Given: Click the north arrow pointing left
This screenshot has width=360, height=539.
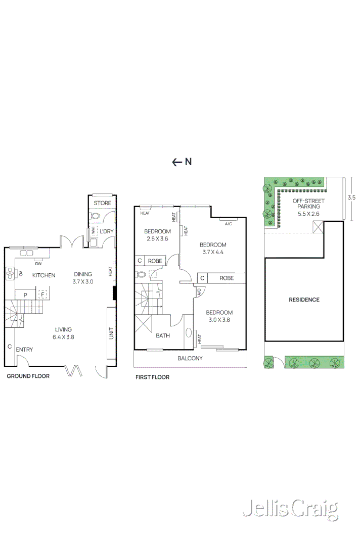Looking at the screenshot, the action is [x=176, y=162].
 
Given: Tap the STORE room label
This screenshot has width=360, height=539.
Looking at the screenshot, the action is [x=103, y=203].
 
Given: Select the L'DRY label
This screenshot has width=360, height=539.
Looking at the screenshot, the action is [x=107, y=231].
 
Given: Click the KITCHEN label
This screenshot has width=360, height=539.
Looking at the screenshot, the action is [x=43, y=275].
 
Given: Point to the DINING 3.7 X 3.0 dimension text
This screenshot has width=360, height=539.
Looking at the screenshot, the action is [x=83, y=281].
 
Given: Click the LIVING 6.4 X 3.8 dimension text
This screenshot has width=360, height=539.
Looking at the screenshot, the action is [x=63, y=337].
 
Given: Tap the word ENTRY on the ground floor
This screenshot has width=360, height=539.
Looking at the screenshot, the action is [x=24, y=350].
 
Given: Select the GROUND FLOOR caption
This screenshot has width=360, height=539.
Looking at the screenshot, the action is [x=28, y=376].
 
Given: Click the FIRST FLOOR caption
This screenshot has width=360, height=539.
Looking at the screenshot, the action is [x=153, y=377].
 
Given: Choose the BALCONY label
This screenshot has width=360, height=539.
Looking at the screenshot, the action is [x=190, y=358].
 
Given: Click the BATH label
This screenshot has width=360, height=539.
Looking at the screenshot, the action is [x=163, y=335].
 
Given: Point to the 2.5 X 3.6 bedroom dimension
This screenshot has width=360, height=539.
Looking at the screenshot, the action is [x=157, y=239].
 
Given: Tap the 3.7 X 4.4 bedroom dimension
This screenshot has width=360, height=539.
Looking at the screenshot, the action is [x=213, y=252].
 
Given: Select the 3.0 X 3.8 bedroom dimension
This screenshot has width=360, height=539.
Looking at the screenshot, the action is [x=219, y=320].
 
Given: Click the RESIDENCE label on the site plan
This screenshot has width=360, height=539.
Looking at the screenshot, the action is [x=304, y=300].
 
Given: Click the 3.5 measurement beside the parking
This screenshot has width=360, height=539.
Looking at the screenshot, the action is [x=351, y=198].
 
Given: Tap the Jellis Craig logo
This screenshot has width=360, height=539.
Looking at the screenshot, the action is [x=291, y=509].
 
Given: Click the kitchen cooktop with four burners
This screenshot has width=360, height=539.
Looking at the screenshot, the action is [x=10, y=273].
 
